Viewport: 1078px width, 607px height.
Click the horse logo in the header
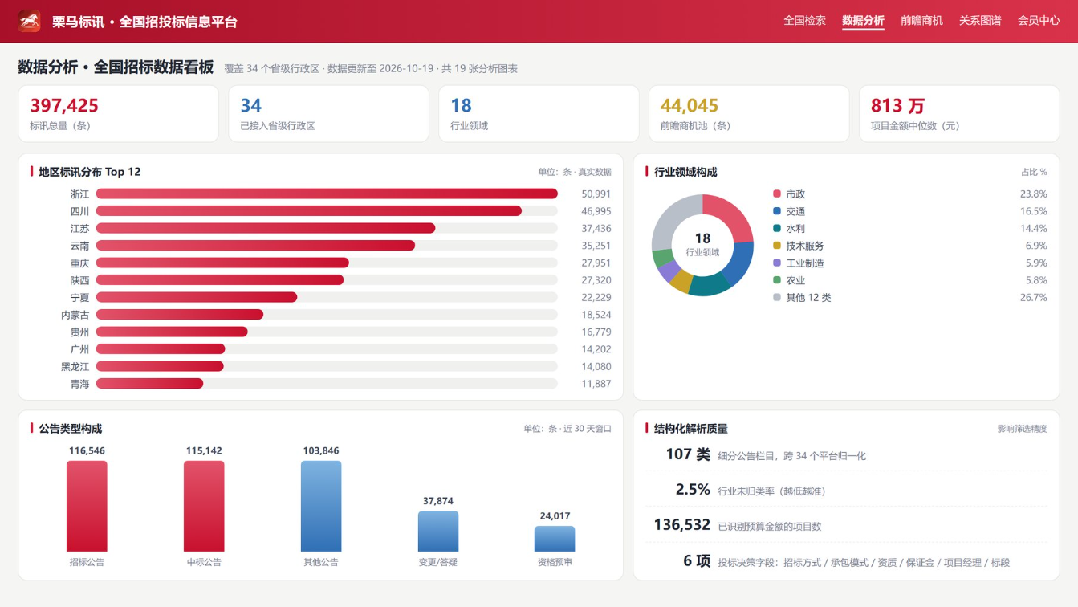pyautogui.click(x=30, y=21)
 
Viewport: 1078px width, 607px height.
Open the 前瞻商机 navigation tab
pyautogui.click(x=921, y=21)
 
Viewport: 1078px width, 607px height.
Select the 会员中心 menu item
pyautogui.click(x=1039, y=21)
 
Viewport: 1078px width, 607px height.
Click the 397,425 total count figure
pyautogui.click(x=64, y=105)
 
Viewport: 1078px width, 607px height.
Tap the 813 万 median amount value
pyautogui.click(x=897, y=105)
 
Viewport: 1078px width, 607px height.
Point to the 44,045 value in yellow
pyautogui.click(x=690, y=105)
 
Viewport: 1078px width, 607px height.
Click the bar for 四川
pyautogui.click(x=309, y=211)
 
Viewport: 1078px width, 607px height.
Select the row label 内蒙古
pyautogui.click(x=75, y=315)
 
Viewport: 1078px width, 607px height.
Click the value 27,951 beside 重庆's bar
pyautogui.click(x=596, y=263)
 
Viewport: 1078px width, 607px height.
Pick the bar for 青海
pyautogui.click(x=149, y=384)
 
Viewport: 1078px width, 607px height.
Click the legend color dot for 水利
pyautogui.click(x=777, y=228)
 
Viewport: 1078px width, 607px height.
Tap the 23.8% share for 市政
pyautogui.click(x=1033, y=194)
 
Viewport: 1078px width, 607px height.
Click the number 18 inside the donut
pyautogui.click(x=702, y=238)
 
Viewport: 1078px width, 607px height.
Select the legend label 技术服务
pyautogui.click(x=804, y=246)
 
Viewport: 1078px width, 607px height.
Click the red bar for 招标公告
pyautogui.click(x=87, y=506)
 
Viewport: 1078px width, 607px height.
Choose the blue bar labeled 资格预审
pyautogui.click(x=555, y=539)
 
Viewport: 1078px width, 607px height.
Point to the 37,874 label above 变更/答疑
pyautogui.click(x=438, y=501)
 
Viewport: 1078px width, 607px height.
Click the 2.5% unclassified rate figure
pyautogui.click(x=693, y=490)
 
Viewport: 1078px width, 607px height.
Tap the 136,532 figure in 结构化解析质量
pyautogui.click(x=682, y=524)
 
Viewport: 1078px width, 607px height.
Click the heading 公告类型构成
pyautogui.click(x=71, y=429)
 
